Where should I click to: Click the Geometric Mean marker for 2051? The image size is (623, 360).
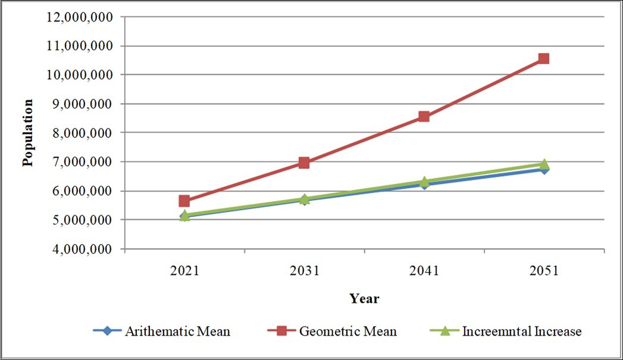pos(543,58)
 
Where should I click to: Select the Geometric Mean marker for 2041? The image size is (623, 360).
pos(424,116)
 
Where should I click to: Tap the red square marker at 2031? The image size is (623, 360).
pos(304,162)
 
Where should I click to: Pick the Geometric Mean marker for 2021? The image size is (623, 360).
pos(184,201)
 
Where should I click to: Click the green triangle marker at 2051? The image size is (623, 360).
pos(543,164)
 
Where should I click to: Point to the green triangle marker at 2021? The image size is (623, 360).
pos(184,215)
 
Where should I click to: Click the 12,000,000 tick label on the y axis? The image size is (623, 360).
pos(78,17)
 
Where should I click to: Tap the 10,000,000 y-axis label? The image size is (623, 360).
pos(78,75)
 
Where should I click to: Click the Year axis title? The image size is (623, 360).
pos(364,298)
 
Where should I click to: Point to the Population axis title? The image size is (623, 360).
pos(27,133)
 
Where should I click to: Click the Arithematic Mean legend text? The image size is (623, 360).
pos(177,331)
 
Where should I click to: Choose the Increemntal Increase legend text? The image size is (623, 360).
pos(521,331)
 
